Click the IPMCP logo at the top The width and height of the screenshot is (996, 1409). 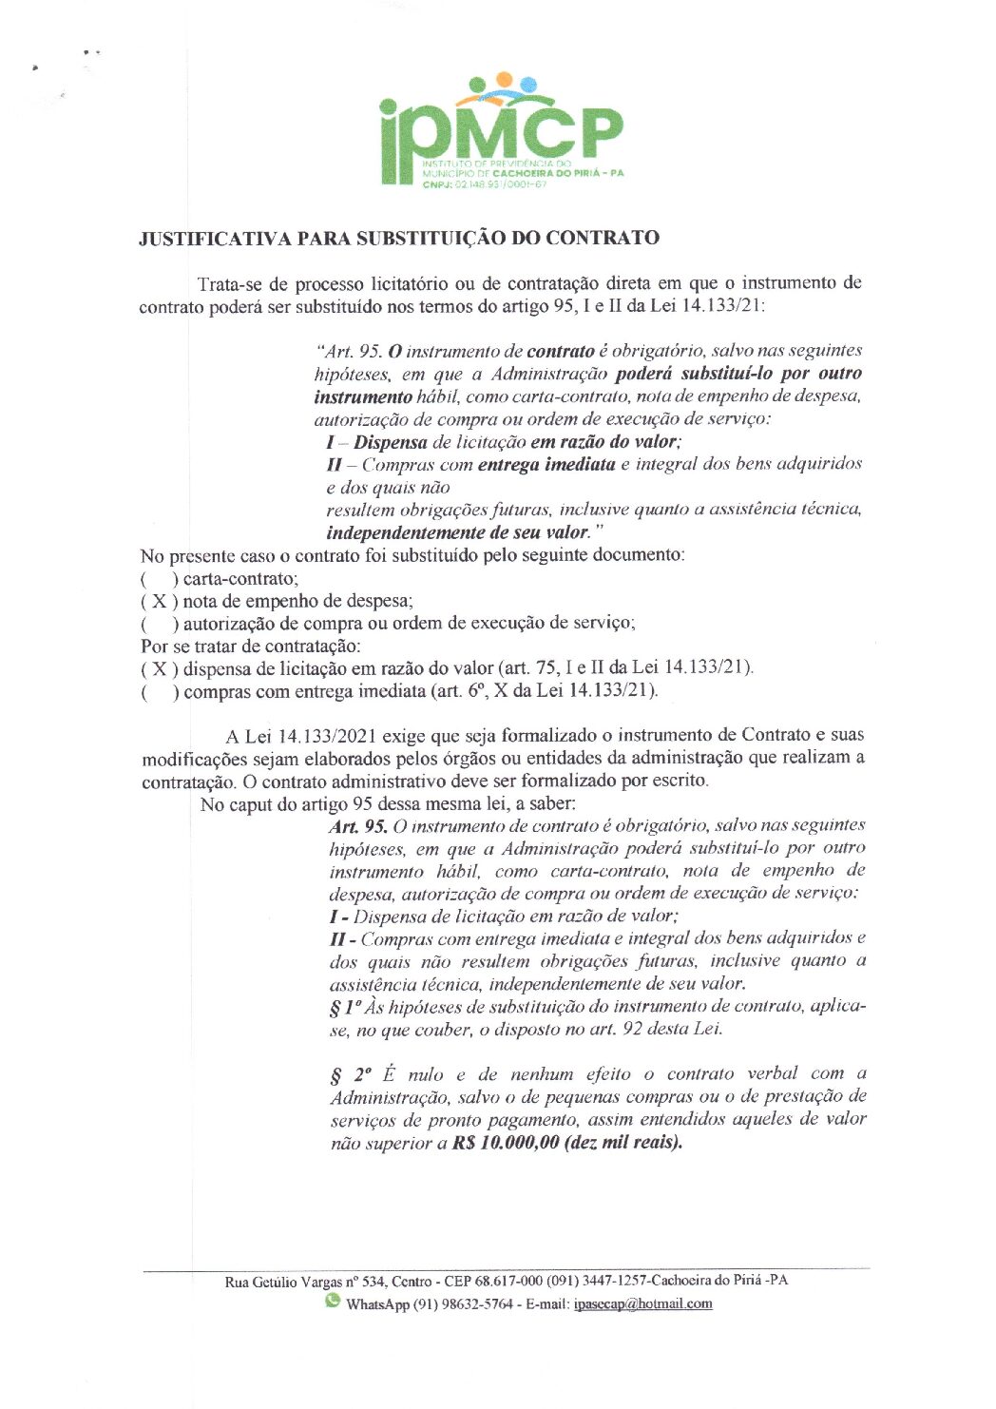point(501,130)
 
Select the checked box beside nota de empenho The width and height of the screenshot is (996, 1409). point(159,601)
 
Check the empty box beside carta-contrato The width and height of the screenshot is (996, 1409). point(159,578)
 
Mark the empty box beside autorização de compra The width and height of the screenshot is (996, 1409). point(159,624)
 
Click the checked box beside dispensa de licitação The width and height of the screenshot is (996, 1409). point(159,668)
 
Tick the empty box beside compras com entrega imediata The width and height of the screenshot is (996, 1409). point(159,691)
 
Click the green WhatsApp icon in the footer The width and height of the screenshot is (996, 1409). point(333,1301)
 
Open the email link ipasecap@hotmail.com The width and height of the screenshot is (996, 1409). point(642,1303)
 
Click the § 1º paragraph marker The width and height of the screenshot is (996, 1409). point(344,1007)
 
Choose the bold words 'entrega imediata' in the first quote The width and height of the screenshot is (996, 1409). point(546,465)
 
